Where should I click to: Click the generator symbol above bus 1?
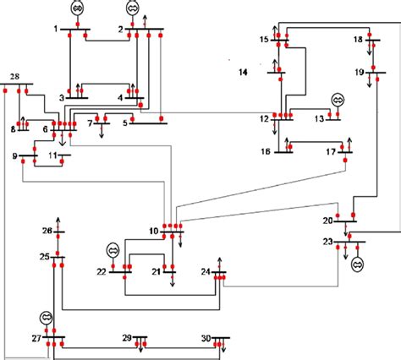coord(78,8)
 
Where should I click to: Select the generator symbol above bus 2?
coord(133,8)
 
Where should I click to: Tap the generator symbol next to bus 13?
coord(338,100)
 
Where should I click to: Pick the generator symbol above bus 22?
coord(113,250)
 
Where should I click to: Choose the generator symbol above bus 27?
coord(47,318)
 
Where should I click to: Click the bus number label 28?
coord(14,78)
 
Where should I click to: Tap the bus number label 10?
coord(154,231)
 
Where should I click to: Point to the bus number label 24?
coord(206,272)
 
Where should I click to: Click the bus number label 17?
coord(332,152)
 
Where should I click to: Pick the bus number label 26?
coord(47,232)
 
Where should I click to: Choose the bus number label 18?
coord(358,40)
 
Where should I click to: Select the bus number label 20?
coord(327,221)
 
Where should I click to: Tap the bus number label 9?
coord(15,155)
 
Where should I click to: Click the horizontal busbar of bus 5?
coord(149,123)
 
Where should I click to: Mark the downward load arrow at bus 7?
coord(102,131)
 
